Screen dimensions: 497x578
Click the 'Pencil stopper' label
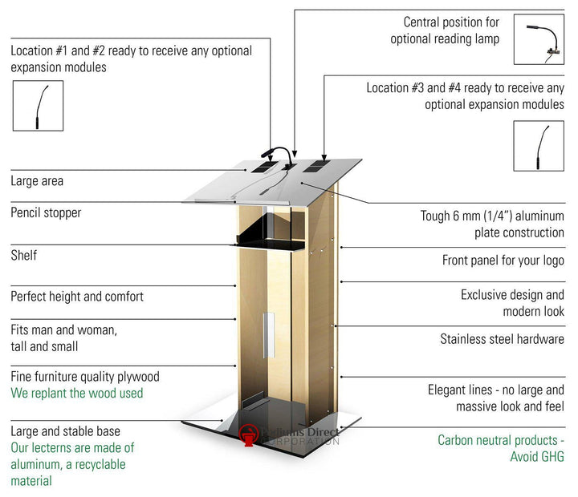(46, 213)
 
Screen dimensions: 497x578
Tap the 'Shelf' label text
(24, 256)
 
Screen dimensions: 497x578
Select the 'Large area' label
(37, 181)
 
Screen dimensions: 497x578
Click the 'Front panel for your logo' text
(503, 261)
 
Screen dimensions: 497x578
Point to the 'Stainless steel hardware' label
(502, 339)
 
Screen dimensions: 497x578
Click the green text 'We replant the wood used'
(77, 394)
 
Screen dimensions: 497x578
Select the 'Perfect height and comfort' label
(77, 297)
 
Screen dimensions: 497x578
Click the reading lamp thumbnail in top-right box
(539, 39)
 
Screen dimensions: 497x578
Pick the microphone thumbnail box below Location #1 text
(37, 105)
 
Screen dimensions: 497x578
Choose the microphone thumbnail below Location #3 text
(539, 145)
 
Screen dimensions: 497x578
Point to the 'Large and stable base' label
(66, 432)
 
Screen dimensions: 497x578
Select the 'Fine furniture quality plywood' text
(85, 377)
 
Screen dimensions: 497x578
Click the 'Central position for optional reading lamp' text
(445, 30)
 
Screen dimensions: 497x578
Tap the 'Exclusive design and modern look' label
(512, 303)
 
